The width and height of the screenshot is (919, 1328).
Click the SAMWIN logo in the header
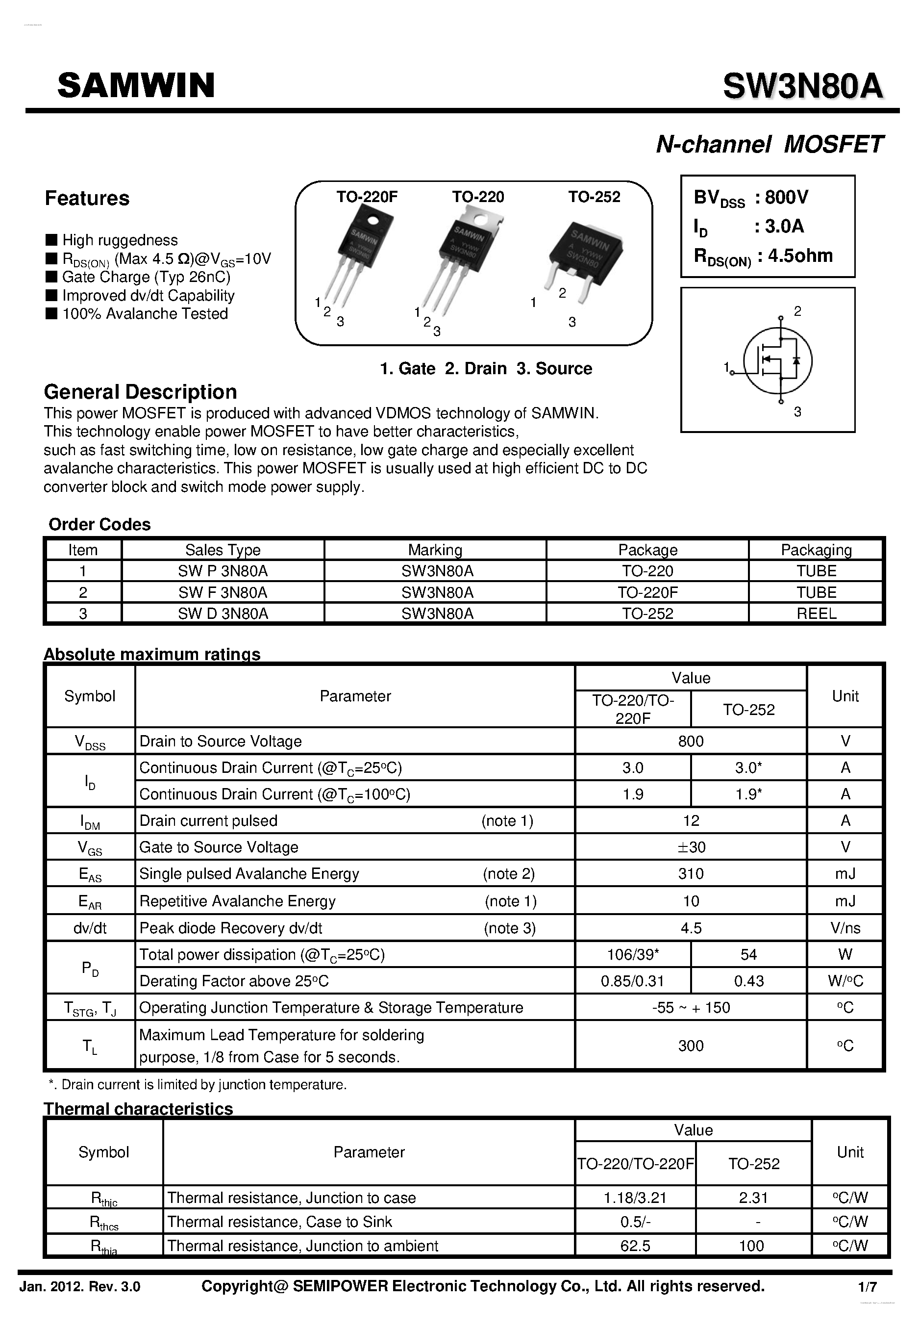pyautogui.click(x=136, y=85)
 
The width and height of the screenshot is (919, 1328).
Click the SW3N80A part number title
pyautogui.click(x=802, y=87)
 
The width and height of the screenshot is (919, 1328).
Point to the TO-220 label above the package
pyautogui.click(x=477, y=197)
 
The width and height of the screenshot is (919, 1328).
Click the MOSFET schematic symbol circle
pyautogui.click(x=777, y=361)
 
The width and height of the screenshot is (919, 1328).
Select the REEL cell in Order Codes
pyautogui.click(x=816, y=613)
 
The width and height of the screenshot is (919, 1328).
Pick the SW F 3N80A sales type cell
pyautogui.click(x=223, y=592)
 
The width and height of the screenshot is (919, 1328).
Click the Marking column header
pyautogui.click(x=435, y=550)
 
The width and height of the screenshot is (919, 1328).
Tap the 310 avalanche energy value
pyautogui.click(x=691, y=874)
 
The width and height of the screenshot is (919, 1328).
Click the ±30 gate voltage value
pyautogui.click(x=691, y=847)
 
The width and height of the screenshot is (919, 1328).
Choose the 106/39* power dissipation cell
pyautogui.click(x=632, y=955)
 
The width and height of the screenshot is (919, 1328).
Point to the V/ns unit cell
pyautogui.click(x=844, y=928)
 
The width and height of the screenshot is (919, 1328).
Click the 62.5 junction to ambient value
pyautogui.click(x=635, y=1246)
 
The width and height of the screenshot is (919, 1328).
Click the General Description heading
pyautogui.click(x=141, y=392)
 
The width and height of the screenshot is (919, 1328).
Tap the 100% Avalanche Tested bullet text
pyautogui.click(x=145, y=314)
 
